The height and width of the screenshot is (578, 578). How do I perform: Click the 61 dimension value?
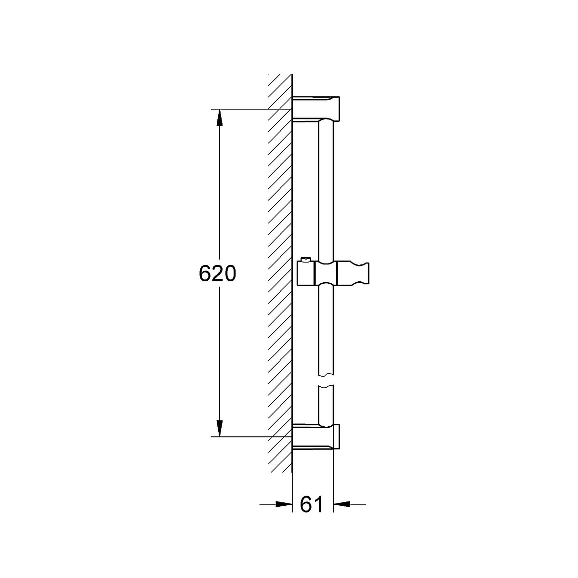(x=312, y=504)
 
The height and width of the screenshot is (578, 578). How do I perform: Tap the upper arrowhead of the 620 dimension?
(x=219, y=118)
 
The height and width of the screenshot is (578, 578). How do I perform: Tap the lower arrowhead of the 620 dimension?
(x=219, y=428)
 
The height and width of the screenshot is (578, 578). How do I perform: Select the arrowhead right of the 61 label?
(x=341, y=504)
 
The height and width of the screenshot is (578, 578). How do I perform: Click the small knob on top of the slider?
(x=304, y=261)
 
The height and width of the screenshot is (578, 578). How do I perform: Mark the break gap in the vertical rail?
(x=326, y=381)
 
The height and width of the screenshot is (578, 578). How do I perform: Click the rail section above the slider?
(x=326, y=193)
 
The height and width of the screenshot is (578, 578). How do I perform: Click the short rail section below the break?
(x=326, y=405)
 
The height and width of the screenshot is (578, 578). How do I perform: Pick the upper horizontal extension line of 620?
(x=250, y=109)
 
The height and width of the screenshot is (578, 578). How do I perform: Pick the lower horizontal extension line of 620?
(x=250, y=437)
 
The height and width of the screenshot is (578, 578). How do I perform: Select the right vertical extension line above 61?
(x=333, y=477)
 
